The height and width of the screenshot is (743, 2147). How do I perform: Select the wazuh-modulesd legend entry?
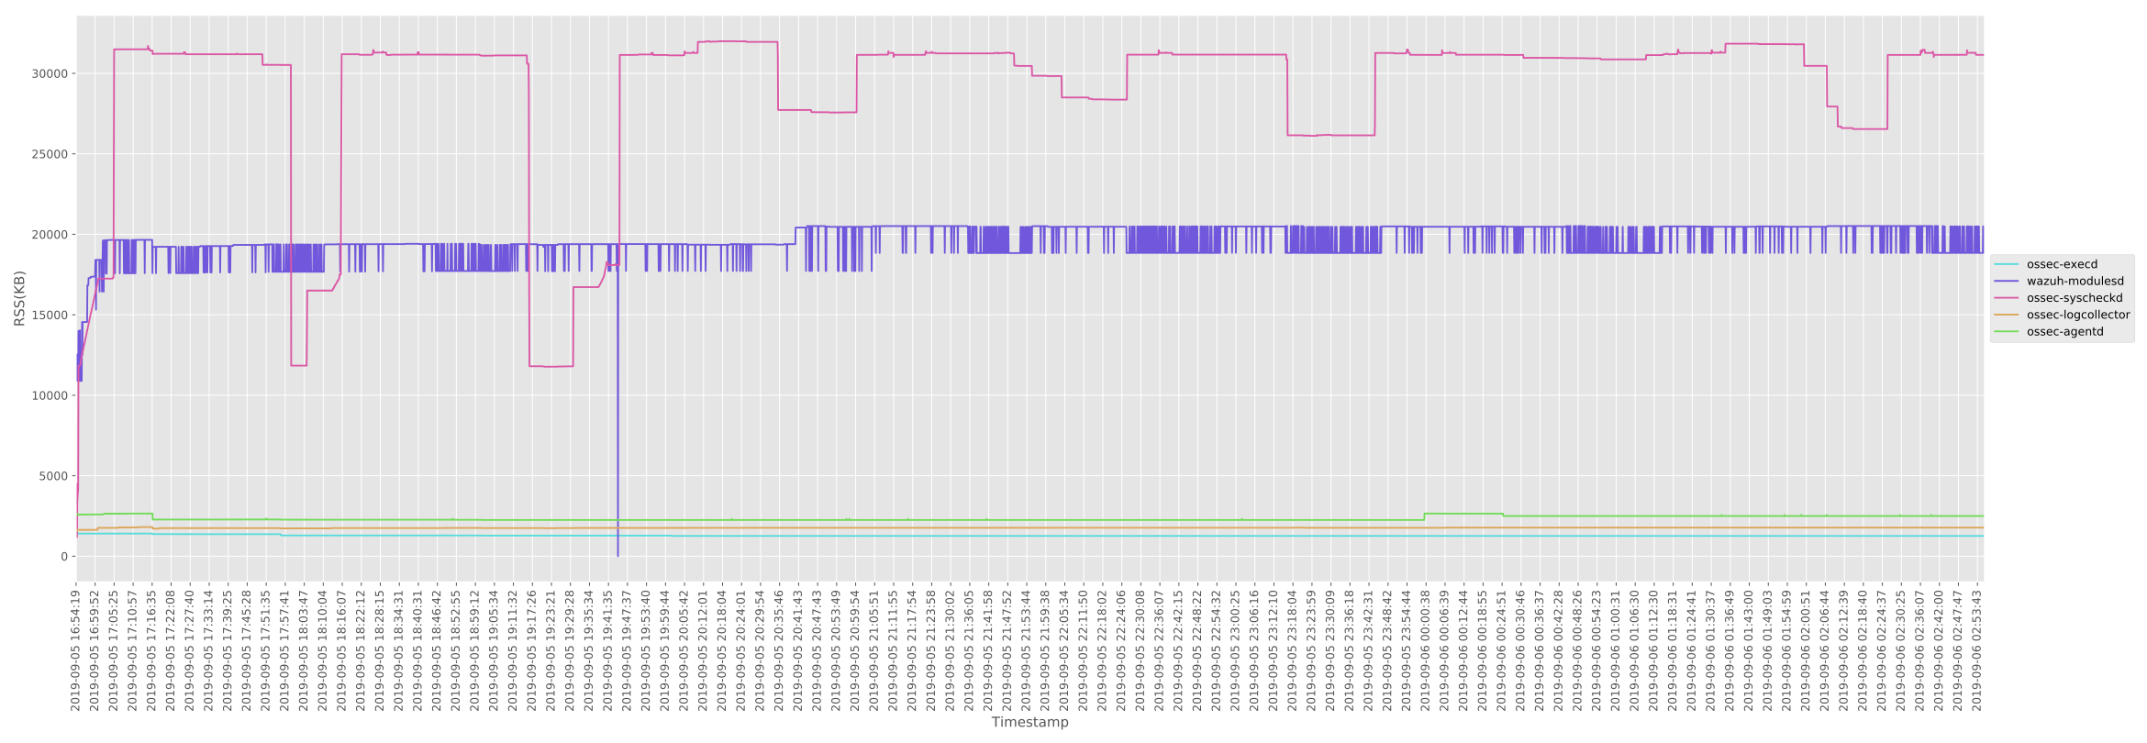(2075, 282)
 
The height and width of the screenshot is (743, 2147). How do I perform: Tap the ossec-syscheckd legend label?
(2074, 298)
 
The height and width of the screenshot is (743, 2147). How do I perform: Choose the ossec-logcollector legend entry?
(2077, 315)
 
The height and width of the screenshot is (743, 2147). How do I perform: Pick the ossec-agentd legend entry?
(2064, 331)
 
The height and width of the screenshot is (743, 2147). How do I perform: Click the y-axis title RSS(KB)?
(19, 298)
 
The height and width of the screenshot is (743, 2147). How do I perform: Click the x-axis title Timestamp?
(1029, 722)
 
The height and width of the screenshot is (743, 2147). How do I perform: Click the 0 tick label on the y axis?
(64, 557)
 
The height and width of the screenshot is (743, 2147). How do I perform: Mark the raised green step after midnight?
(1463, 514)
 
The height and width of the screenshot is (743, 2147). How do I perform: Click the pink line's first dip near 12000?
(298, 365)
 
